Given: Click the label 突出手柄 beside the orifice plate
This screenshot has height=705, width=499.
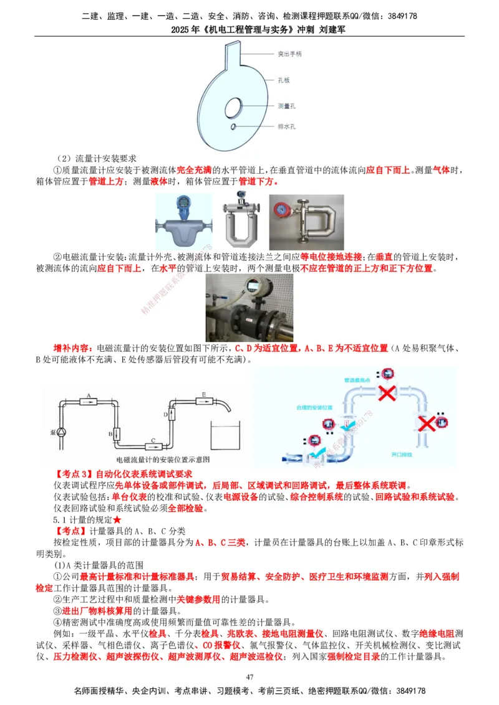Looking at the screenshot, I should tap(289, 54).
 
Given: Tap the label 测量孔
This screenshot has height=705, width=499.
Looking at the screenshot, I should tap(286, 106).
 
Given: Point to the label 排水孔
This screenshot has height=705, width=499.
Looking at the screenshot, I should tap(286, 126).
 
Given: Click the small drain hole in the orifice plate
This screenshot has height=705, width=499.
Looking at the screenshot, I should tap(232, 127).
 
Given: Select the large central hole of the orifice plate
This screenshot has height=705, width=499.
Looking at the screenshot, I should tap(235, 106).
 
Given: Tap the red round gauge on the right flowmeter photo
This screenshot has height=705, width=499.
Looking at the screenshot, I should tap(281, 207).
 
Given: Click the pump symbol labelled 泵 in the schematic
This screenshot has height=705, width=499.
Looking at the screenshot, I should tap(61, 431).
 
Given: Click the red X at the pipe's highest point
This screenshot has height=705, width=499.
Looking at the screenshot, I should tap(387, 392).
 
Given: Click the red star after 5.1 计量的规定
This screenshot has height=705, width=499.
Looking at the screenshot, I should tap(117, 519).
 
